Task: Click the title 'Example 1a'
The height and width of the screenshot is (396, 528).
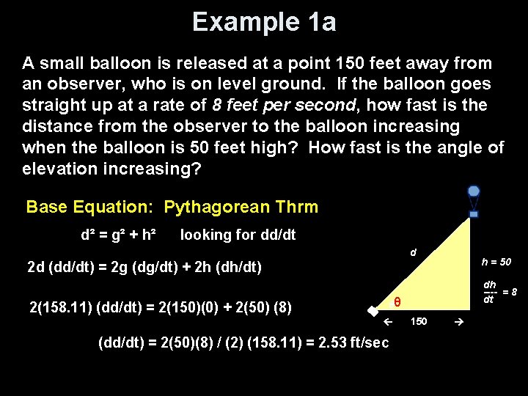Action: [x=264, y=22]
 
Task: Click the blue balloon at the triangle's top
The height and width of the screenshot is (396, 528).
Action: [x=474, y=191]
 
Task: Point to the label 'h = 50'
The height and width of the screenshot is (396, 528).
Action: [x=496, y=262]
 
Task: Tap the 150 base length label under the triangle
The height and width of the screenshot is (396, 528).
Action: [x=419, y=321]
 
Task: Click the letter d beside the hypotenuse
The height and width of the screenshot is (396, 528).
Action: [x=413, y=252]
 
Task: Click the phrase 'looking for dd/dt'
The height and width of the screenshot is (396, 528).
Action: [x=238, y=235]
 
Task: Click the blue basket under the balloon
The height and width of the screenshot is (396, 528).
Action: [x=474, y=214]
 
